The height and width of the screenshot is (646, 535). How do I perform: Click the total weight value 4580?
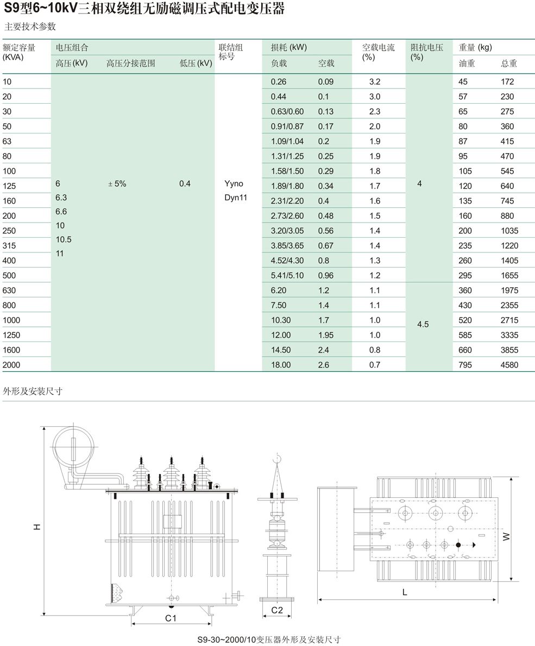[x=509, y=365]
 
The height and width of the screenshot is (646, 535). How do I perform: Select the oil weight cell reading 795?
[x=465, y=365]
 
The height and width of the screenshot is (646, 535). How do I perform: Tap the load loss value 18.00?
[x=281, y=365]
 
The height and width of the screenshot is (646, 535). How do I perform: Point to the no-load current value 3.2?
[x=375, y=81]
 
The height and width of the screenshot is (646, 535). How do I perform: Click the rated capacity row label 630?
[x=9, y=290]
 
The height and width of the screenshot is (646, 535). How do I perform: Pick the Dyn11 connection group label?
[x=236, y=198]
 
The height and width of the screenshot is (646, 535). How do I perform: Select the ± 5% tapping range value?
[x=117, y=183]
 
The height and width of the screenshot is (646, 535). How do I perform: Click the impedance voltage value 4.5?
[x=423, y=324]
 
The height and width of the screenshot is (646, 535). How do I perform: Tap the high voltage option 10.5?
[x=64, y=239]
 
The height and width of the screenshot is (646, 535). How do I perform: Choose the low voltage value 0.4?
[x=185, y=183]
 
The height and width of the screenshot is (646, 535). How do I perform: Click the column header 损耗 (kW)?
[x=289, y=47]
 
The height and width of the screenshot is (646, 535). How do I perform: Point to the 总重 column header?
[x=509, y=64]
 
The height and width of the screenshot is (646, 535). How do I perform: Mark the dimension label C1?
[x=171, y=618]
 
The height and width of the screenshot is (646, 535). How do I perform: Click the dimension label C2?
[x=277, y=610]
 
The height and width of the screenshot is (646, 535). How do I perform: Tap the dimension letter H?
[x=36, y=527]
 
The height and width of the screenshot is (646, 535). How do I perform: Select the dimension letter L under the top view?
[x=405, y=592]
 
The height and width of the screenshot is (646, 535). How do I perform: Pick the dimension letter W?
[x=506, y=536]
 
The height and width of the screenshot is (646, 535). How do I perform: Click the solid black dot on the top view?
[x=458, y=544]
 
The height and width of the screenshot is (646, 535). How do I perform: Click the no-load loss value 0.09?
[x=326, y=81]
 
